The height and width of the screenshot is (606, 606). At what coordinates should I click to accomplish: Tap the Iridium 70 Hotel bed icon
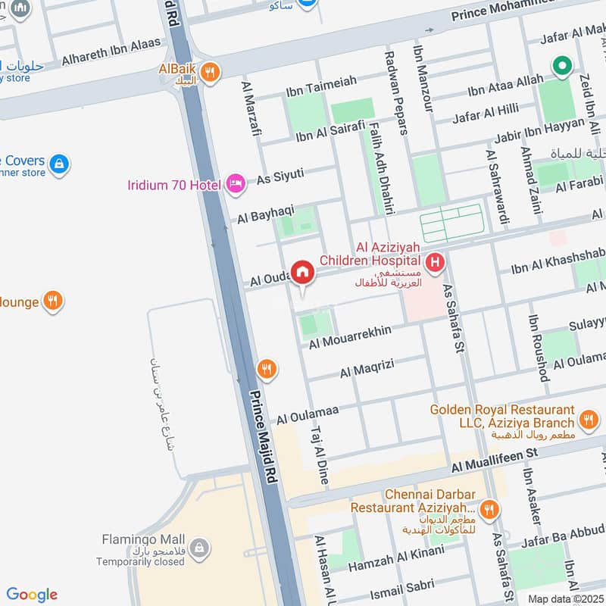(236, 183)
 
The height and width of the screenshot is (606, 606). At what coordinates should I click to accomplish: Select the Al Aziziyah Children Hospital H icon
(435, 263)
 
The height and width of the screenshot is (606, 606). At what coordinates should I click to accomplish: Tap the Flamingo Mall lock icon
(198, 548)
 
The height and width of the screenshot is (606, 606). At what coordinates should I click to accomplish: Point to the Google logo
(32, 595)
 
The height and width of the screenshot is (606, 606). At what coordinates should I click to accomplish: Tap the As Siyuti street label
(280, 176)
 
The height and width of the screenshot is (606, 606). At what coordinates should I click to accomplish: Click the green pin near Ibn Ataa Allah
(561, 67)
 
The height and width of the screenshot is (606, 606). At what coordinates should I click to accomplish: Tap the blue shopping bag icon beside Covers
(59, 163)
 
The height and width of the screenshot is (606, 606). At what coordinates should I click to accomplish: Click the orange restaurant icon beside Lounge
(52, 301)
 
